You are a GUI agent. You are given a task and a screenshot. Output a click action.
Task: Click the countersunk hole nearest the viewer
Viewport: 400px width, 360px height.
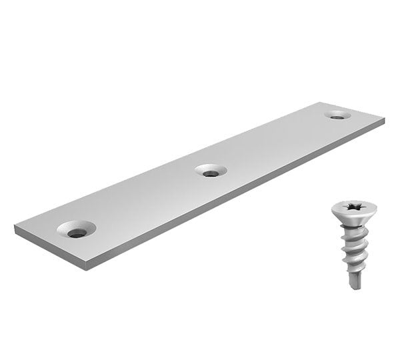click(x=76, y=230)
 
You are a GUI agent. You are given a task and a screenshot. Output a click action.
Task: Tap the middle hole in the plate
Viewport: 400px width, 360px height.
click(x=211, y=171)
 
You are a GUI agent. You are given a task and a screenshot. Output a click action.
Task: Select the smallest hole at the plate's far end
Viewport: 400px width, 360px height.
click(x=337, y=115)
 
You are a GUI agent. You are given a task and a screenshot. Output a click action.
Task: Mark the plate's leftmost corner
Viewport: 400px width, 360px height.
click(x=15, y=228)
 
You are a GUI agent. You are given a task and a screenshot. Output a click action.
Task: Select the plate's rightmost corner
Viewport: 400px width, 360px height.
click(x=384, y=120)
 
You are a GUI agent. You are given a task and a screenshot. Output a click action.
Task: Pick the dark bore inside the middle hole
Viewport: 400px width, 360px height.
click(x=211, y=173)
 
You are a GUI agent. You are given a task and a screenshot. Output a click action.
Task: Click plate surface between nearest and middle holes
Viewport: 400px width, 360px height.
click(x=143, y=200)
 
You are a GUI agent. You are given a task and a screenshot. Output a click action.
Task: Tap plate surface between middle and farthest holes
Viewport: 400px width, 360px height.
click(x=273, y=143)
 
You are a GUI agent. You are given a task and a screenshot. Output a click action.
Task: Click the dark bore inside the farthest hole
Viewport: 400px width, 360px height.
click(x=338, y=117)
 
